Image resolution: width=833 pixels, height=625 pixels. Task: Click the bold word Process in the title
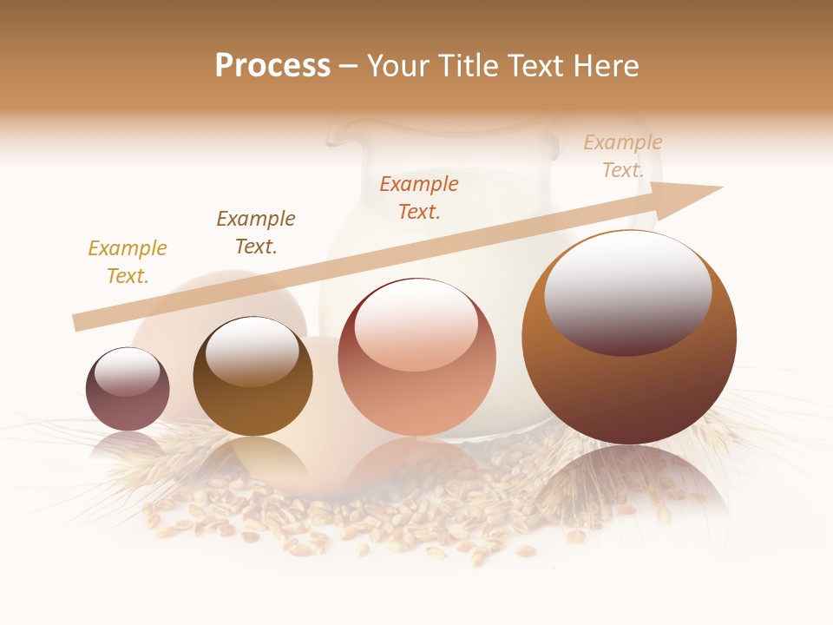coord(272,66)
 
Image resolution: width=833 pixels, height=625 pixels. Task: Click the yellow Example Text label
coord(128,262)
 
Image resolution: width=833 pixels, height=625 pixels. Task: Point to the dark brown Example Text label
coord(256,233)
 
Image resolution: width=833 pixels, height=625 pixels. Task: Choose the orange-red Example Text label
coord(419,198)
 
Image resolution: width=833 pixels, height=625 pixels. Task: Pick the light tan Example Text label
coord(623,156)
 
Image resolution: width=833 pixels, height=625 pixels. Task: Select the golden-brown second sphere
coord(253,408)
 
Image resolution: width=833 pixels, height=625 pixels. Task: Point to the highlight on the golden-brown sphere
coord(252,352)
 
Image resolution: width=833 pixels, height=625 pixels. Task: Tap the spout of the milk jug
coord(342,132)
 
